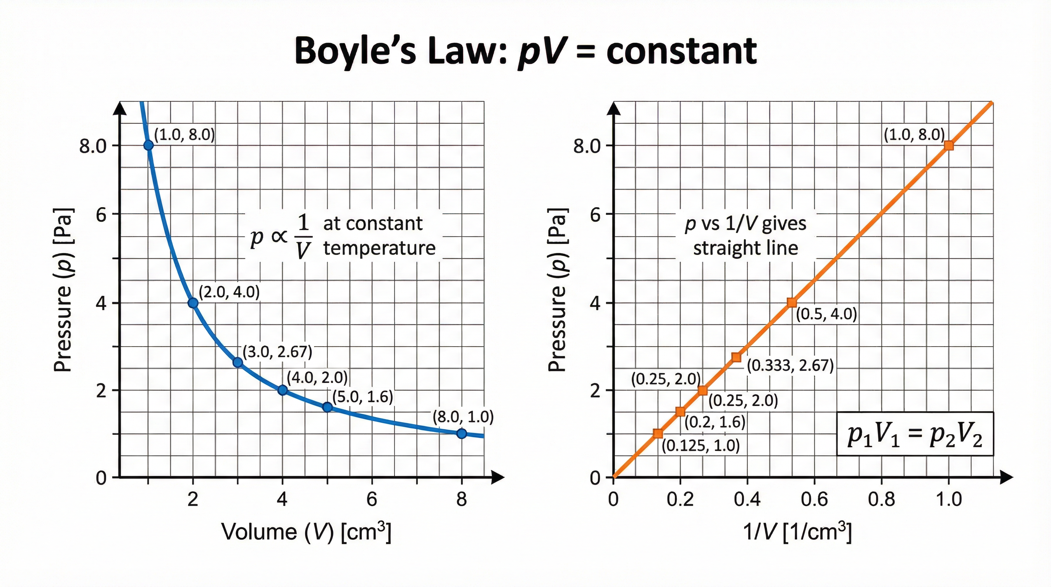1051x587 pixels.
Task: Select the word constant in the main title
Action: [x=681, y=52]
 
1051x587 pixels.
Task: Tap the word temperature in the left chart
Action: [x=380, y=248]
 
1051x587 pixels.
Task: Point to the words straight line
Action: [x=745, y=248]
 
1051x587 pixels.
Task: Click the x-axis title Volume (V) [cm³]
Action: [x=306, y=532]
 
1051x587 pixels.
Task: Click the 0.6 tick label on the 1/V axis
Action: [x=814, y=499]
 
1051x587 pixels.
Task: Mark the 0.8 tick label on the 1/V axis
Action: [x=881, y=499]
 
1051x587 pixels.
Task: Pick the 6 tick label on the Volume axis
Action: [x=372, y=499]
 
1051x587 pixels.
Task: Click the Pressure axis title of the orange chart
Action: [x=557, y=290]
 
